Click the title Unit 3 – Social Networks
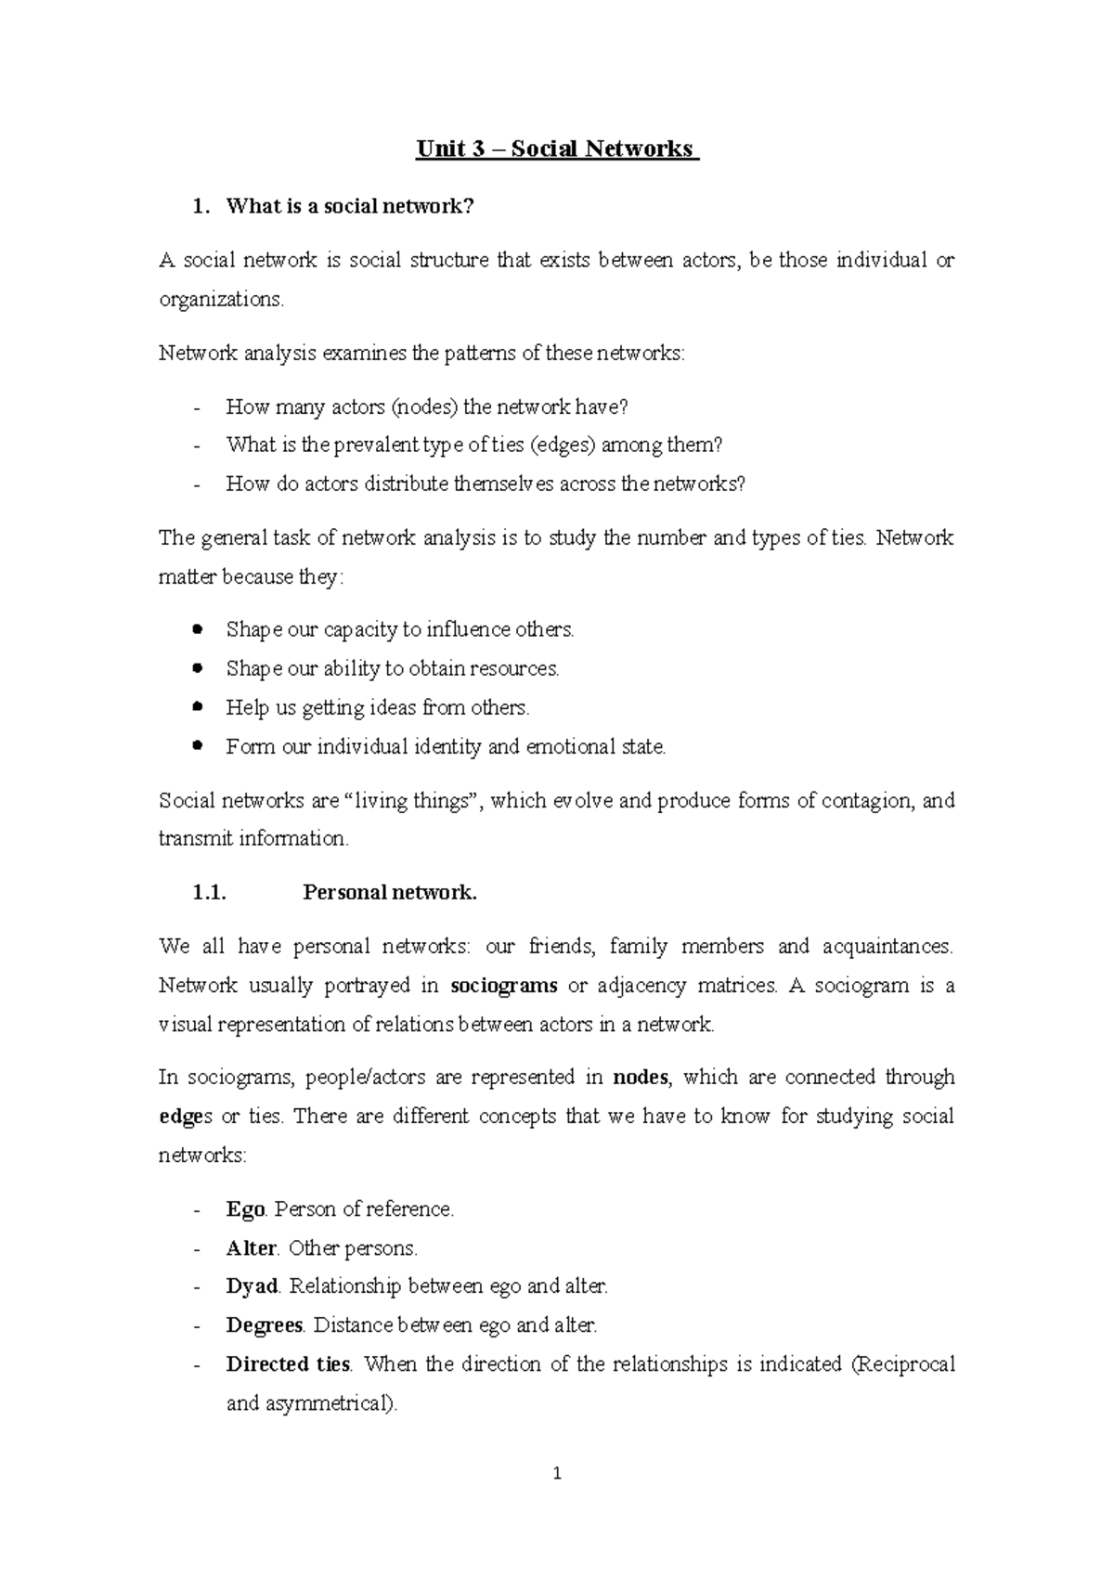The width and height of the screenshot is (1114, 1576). point(556,149)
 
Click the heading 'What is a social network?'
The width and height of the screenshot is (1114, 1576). point(349,207)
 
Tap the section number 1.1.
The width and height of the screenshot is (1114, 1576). point(209,893)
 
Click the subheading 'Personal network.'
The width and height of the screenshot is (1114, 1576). point(390,893)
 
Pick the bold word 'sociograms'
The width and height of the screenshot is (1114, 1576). point(504,986)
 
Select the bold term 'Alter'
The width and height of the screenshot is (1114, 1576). point(252,1248)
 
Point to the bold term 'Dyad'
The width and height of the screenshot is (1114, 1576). point(253,1286)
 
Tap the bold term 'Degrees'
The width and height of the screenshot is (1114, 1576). point(265,1325)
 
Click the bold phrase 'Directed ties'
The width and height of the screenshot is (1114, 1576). point(288,1364)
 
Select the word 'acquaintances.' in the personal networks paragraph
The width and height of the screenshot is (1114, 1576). point(887,947)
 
